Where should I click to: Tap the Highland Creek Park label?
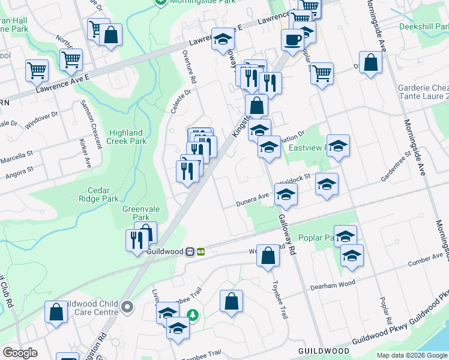point(126,137)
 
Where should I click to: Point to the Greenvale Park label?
point(136,213)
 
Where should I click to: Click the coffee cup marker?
point(292,40)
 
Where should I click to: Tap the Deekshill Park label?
point(423,26)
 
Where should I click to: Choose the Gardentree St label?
point(395,166)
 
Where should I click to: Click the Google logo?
point(20,353)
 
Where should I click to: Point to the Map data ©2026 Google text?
point(411,355)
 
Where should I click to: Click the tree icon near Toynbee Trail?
point(192,314)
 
